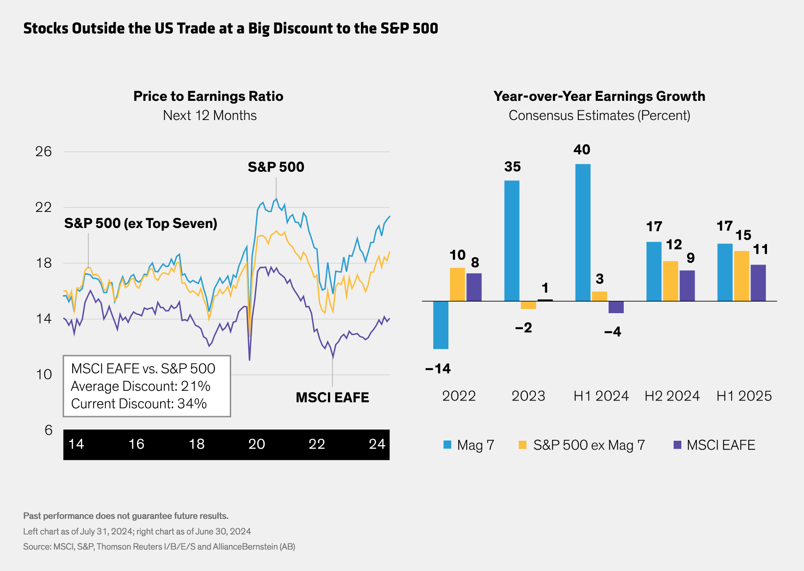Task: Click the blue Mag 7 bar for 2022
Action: tap(441, 325)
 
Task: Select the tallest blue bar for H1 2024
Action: tap(583, 232)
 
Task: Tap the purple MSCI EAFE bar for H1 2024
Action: tap(616, 307)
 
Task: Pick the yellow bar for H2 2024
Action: tap(670, 281)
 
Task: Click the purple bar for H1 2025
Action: tap(758, 283)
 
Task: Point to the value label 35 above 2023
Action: tap(512, 167)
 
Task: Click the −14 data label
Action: tap(438, 369)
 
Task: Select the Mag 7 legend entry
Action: tap(468, 445)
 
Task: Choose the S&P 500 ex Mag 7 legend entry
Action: tap(582, 445)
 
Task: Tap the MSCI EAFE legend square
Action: tap(677, 445)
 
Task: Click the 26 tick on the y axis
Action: tap(44, 152)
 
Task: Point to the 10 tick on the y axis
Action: tap(44, 374)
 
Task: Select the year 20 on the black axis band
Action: tap(257, 444)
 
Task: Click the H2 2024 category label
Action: tap(672, 396)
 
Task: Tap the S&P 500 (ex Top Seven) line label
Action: tap(141, 223)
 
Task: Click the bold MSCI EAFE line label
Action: tap(332, 397)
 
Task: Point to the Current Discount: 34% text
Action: tap(139, 404)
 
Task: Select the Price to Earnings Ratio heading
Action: tap(208, 96)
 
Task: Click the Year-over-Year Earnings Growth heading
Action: tap(599, 96)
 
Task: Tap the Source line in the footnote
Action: tap(159, 546)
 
